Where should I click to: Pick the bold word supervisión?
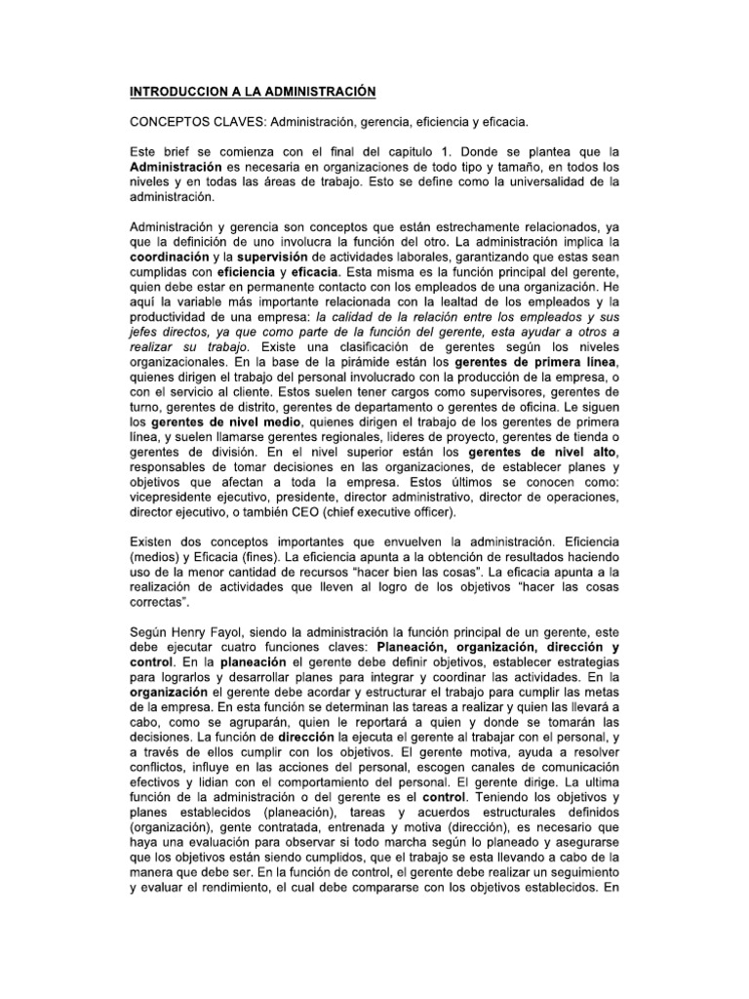[x=280, y=257]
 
